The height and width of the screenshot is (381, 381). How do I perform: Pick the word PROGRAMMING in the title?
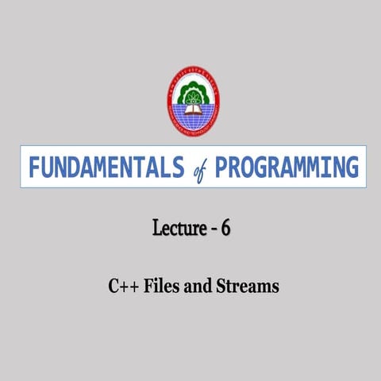click(287, 167)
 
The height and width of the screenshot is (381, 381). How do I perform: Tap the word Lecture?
click(177, 230)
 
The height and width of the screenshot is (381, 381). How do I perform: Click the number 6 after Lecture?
click(226, 230)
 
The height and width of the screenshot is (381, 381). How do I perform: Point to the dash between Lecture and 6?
click(212, 232)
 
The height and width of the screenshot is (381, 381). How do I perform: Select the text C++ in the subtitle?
click(123, 286)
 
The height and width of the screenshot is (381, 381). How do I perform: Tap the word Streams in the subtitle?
click(248, 286)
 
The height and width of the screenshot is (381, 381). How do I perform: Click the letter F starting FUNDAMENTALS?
click(34, 167)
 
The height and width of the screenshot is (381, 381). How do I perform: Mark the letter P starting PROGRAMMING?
click(222, 167)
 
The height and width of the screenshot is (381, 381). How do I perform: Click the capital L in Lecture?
click(156, 230)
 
